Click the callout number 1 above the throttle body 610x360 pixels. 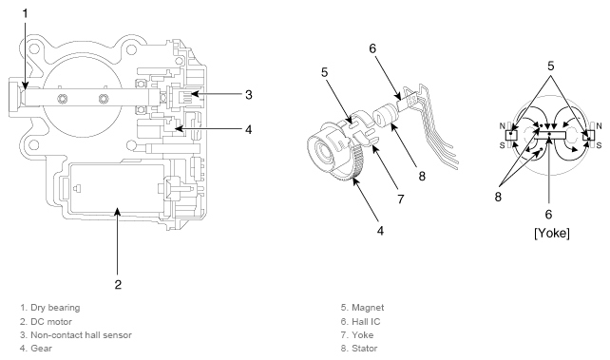(x=26, y=14)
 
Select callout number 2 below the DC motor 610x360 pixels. (x=118, y=285)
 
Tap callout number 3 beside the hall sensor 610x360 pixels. (x=249, y=94)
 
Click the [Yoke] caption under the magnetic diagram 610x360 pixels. (x=552, y=234)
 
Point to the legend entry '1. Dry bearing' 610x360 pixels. (x=50, y=308)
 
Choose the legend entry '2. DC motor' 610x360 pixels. (x=46, y=322)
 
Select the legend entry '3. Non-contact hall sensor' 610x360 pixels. (x=76, y=335)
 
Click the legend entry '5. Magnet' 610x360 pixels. (x=362, y=308)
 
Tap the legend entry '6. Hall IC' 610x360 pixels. (x=361, y=322)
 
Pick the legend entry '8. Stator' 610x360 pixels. (x=359, y=349)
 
